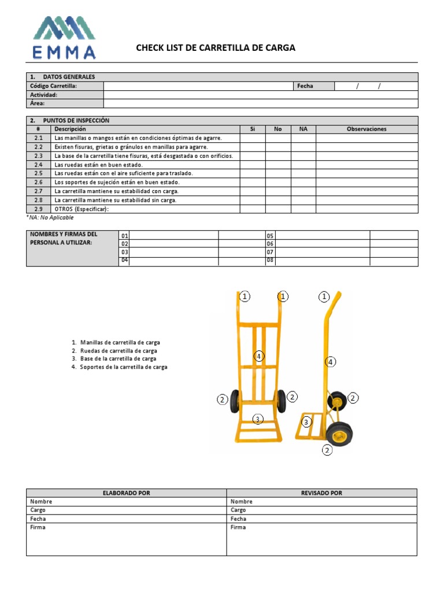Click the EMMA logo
[x=64, y=38]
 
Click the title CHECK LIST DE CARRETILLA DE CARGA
[x=215, y=48]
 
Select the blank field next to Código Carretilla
[x=198, y=86]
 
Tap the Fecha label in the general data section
[x=305, y=86]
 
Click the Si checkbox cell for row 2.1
[x=252, y=138]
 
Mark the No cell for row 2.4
[x=277, y=165]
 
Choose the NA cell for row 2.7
[x=303, y=191]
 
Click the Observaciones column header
[x=366, y=129]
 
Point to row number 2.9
[x=38, y=209]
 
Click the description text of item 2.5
[x=124, y=173]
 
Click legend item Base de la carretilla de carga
[x=118, y=358]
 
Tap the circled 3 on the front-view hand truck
[x=258, y=419]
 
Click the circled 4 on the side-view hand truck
[x=330, y=362]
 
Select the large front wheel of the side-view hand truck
[x=339, y=433]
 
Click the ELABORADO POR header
[x=126, y=493]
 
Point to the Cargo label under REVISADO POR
[x=238, y=510]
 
